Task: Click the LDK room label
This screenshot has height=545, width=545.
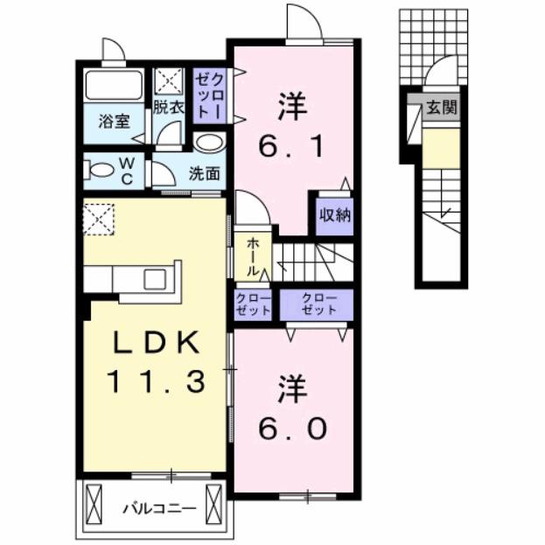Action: point(156,343)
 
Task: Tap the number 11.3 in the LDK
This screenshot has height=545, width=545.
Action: point(157,381)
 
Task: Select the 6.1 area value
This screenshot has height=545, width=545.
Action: point(294,145)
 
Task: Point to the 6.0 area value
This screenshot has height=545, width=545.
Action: point(293,429)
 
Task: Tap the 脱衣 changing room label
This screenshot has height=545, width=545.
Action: point(169,108)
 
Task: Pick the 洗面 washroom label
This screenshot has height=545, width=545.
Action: point(204,172)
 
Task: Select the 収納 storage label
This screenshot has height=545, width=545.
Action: point(334,214)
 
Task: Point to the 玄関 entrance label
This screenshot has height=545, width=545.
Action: point(441,109)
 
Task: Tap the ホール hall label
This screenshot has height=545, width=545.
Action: point(252,256)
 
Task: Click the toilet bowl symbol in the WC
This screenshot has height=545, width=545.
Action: point(101,168)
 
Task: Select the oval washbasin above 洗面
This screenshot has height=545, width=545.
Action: point(208,143)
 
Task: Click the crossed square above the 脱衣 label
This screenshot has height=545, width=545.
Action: point(167,81)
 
